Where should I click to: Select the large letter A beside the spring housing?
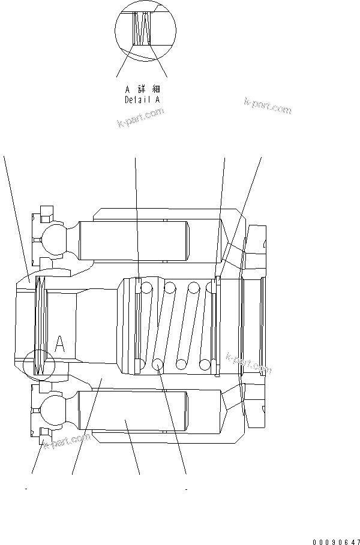pos(59,344)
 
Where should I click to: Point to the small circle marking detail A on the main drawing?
pos(38,363)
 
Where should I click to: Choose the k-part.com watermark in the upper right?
pos(268,106)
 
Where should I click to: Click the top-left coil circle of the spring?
pos(145,288)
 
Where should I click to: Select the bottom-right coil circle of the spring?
pos(205,364)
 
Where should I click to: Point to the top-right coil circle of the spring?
pos(211,288)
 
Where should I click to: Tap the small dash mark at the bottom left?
pos(26,489)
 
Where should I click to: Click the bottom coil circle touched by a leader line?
pos(158,364)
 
